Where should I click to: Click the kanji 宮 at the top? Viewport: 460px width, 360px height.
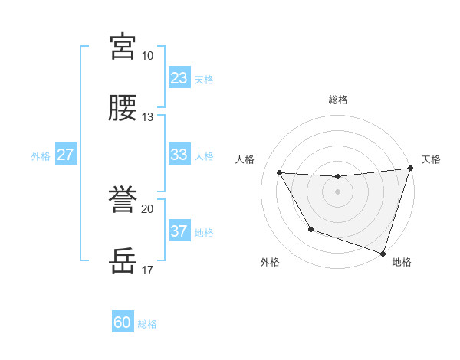point(123,47)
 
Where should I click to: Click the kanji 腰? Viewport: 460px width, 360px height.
point(123,109)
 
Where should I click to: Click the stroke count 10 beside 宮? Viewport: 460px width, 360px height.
point(148,56)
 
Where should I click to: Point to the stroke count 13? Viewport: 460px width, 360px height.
point(148,117)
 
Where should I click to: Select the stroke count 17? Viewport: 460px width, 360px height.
point(148,270)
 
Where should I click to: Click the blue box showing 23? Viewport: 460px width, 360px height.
point(179,78)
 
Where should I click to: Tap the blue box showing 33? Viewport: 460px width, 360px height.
point(179,155)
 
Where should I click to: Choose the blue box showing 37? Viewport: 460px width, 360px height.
point(179,231)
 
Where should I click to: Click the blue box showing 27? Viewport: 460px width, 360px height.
point(66,155)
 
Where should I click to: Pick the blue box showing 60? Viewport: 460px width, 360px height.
point(123,322)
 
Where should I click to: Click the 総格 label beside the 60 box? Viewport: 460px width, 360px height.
point(147,324)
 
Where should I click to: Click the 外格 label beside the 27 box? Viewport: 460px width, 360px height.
point(41,156)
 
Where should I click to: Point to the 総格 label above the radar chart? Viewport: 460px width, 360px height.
point(338,100)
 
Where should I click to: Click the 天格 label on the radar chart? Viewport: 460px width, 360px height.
point(431,159)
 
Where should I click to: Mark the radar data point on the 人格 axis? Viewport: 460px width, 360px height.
point(280,173)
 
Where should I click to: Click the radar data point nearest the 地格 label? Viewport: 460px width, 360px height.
point(383,253)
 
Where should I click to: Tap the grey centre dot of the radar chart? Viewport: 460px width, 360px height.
point(337,191)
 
